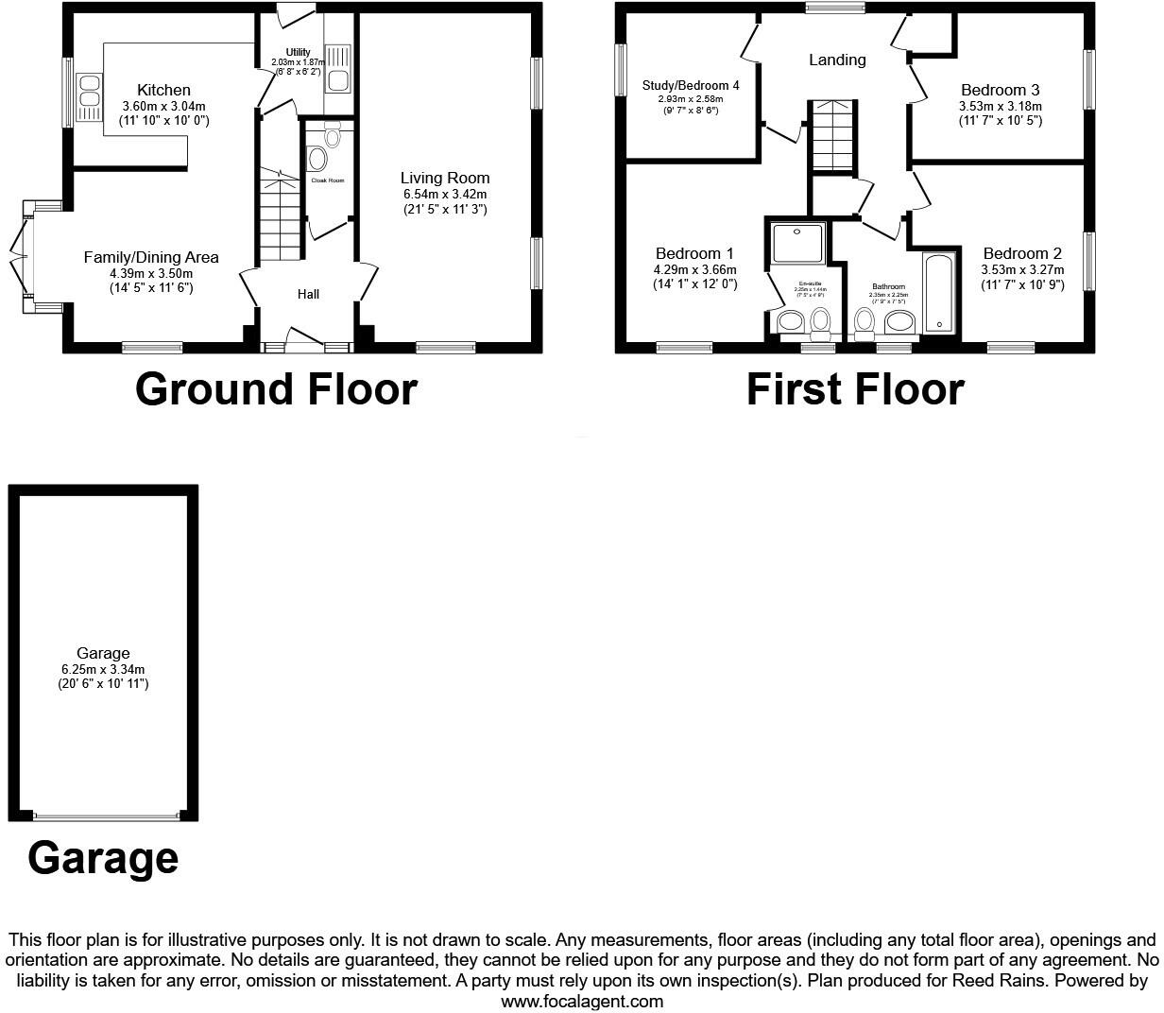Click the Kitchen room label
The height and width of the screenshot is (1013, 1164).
tap(163, 91)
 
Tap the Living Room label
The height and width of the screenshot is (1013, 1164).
tap(445, 178)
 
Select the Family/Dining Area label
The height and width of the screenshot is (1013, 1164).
tap(151, 257)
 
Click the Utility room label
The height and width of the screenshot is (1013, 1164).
tap(298, 52)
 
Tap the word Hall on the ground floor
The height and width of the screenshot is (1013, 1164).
tap(308, 294)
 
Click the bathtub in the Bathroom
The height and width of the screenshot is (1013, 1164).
tap(939, 293)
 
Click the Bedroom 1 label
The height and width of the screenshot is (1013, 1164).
tap(694, 253)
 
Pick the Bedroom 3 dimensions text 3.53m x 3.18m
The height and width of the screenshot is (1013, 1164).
tap(1000, 107)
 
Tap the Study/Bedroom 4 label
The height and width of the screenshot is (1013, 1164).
tap(691, 85)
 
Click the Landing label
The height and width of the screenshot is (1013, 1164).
tap(837, 60)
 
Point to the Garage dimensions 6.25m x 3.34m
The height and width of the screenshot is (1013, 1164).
tap(103, 669)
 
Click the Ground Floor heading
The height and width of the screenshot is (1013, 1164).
tap(276, 389)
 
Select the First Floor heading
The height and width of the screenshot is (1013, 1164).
tap(855, 389)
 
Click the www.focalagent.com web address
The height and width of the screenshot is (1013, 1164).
tap(582, 1001)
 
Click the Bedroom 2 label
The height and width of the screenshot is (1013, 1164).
tap(1022, 253)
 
